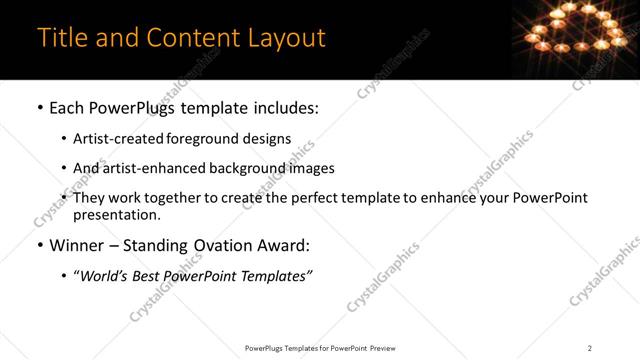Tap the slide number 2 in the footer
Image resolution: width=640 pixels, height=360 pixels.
coord(589,347)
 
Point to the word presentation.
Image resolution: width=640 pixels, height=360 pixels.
coord(116,214)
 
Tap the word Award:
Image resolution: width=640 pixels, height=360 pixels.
coord(284,245)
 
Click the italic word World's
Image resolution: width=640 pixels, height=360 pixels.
coord(107,276)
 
